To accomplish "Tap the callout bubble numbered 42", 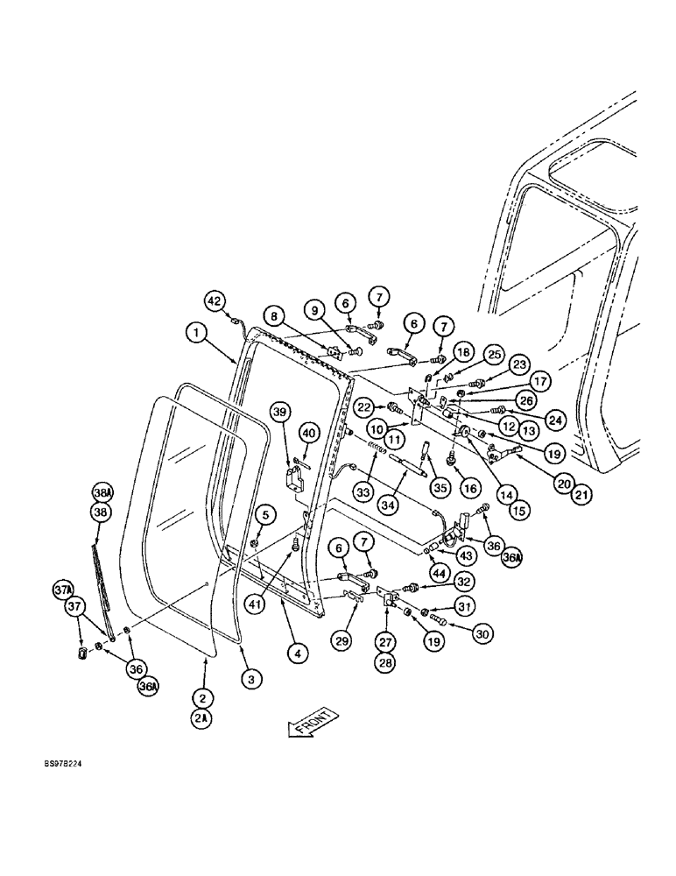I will pyautogui.click(x=215, y=300).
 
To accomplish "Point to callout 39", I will pyautogui.click(x=279, y=412).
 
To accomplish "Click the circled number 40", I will pyautogui.click(x=308, y=431).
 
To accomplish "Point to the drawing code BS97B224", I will pyautogui.click(x=62, y=764).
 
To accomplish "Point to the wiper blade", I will pyautogui.click(x=103, y=578).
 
